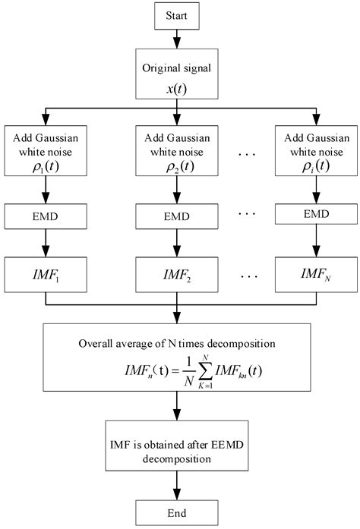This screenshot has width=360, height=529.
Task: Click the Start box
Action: click(177, 14)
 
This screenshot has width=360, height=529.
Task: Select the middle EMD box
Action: click(177, 216)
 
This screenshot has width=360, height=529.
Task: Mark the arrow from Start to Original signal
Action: click(177, 37)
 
